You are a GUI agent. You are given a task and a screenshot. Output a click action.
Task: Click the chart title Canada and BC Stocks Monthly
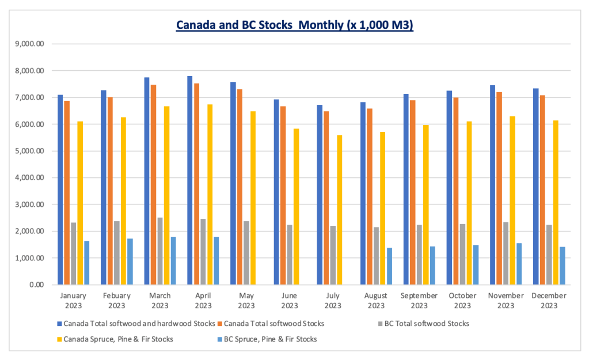pos(294,25)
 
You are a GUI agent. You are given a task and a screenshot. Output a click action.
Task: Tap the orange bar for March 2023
pos(153,184)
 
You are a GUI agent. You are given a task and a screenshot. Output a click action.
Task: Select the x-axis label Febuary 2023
pos(116,300)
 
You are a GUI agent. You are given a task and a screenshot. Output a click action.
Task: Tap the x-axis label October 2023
pos(462,300)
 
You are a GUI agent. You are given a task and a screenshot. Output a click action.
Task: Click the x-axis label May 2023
pos(246,300)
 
